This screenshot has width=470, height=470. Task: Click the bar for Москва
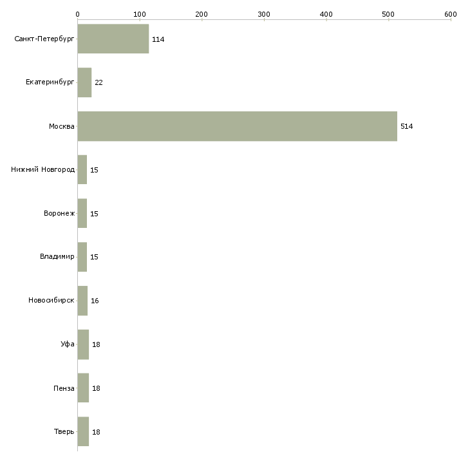[237, 126]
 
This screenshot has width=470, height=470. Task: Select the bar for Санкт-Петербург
[113, 39]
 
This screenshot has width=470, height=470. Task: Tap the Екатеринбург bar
[84, 82]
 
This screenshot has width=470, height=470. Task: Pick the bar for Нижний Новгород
[82, 170]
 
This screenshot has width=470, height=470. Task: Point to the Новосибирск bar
[82, 301]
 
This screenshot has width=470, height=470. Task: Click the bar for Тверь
[83, 431]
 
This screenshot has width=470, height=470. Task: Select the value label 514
[406, 126]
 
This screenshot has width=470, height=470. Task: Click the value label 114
[158, 39]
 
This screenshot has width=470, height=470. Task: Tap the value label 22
[99, 82]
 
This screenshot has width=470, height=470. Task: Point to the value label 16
[95, 301]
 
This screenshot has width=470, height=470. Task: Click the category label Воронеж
[59, 214]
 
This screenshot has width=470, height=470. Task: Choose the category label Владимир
[57, 257]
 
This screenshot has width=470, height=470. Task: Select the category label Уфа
[68, 344]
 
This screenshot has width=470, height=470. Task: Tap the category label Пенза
[64, 388]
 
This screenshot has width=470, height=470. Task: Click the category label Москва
[62, 126]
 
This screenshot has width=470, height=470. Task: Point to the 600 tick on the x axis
[451, 14]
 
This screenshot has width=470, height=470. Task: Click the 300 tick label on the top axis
[264, 14]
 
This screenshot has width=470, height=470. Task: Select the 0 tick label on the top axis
[77, 14]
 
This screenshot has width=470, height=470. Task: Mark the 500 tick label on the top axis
[388, 14]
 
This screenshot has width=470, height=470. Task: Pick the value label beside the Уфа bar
[96, 344]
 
